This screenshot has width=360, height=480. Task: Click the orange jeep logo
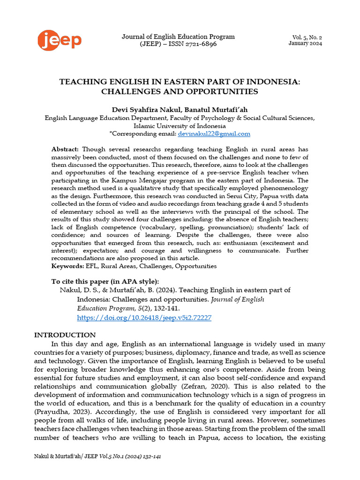[60, 40]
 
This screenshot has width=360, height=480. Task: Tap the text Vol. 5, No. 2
[307, 37]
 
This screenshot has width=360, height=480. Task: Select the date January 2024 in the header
[305, 44]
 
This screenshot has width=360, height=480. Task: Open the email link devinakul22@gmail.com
[214, 134]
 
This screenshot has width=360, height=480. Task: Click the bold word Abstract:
[65, 149]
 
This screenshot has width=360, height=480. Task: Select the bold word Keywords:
[67, 266]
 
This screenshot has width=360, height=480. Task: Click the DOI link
[144, 317]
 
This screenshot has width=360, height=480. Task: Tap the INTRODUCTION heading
[65, 335]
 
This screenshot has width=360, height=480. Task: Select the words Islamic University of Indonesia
[180, 126]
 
